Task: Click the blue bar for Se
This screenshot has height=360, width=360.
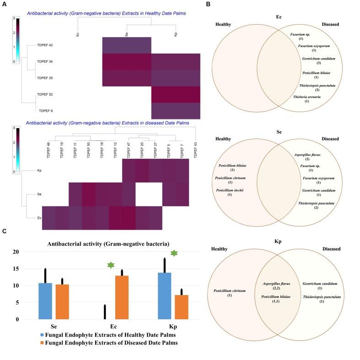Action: tap(45, 301)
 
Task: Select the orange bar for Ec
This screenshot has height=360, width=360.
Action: tap(121, 297)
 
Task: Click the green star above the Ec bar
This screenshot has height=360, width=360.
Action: tap(110, 265)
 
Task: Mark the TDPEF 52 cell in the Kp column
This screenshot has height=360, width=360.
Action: tap(176, 95)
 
